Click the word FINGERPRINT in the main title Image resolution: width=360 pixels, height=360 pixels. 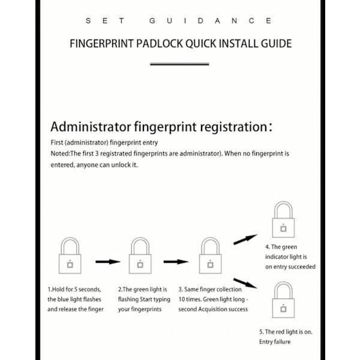101,44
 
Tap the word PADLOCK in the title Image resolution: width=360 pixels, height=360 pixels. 159,44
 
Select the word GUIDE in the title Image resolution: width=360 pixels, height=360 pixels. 276,44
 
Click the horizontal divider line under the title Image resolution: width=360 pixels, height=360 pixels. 179,64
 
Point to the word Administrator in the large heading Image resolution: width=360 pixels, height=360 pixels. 91,127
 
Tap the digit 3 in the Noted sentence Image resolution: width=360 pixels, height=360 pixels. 97,154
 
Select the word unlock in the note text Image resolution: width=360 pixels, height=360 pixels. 121,165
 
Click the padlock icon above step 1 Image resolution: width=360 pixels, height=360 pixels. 70,256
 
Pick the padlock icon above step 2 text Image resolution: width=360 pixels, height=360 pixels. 140,256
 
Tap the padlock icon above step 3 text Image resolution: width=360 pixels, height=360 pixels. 211,256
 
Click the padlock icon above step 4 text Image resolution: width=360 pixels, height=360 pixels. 283,220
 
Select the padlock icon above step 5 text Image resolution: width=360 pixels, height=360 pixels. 283,300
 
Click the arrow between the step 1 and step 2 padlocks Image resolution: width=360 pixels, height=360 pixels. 108,262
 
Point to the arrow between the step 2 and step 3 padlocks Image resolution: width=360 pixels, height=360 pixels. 176,262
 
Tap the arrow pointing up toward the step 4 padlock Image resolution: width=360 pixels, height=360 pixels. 245,239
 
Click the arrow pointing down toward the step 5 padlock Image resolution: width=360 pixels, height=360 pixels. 245,283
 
